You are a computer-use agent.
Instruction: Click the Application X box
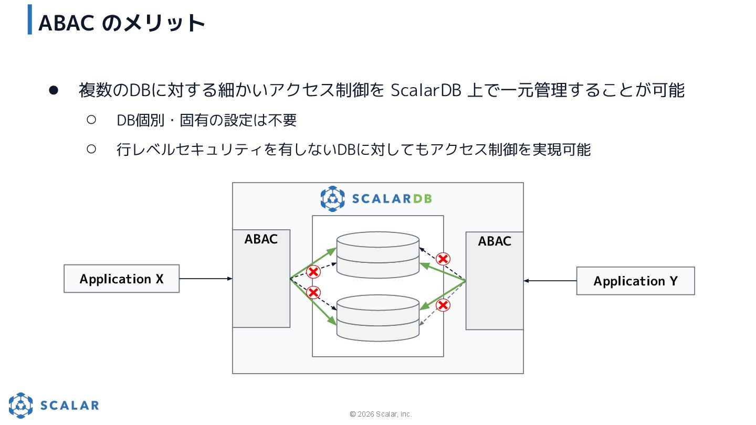[121, 279]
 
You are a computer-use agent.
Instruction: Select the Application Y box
[635, 281]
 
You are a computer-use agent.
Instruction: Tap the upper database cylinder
[378, 254]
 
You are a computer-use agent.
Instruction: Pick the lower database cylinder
[378, 318]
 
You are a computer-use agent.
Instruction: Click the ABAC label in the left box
[261, 239]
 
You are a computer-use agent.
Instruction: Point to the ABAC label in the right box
[495, 241]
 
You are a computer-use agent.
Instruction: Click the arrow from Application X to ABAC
[205, 279]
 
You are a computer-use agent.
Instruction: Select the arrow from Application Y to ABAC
[550, 281]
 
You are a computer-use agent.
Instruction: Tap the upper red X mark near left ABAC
[313, 272]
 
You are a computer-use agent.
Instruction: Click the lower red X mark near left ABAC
[313, 292]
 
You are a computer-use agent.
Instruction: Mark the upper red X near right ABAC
[444, 259]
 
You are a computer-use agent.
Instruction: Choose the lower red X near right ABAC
[444, 305]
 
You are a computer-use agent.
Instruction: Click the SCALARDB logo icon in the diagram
[333, 198]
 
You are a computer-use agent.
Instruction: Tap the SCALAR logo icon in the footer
[20, 405]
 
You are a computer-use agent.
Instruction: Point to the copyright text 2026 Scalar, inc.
[381, 414]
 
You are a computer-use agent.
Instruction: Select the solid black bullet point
[53, 90]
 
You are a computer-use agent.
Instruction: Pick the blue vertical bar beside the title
[30, 19]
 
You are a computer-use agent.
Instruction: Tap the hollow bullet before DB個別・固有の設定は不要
[91, 120]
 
